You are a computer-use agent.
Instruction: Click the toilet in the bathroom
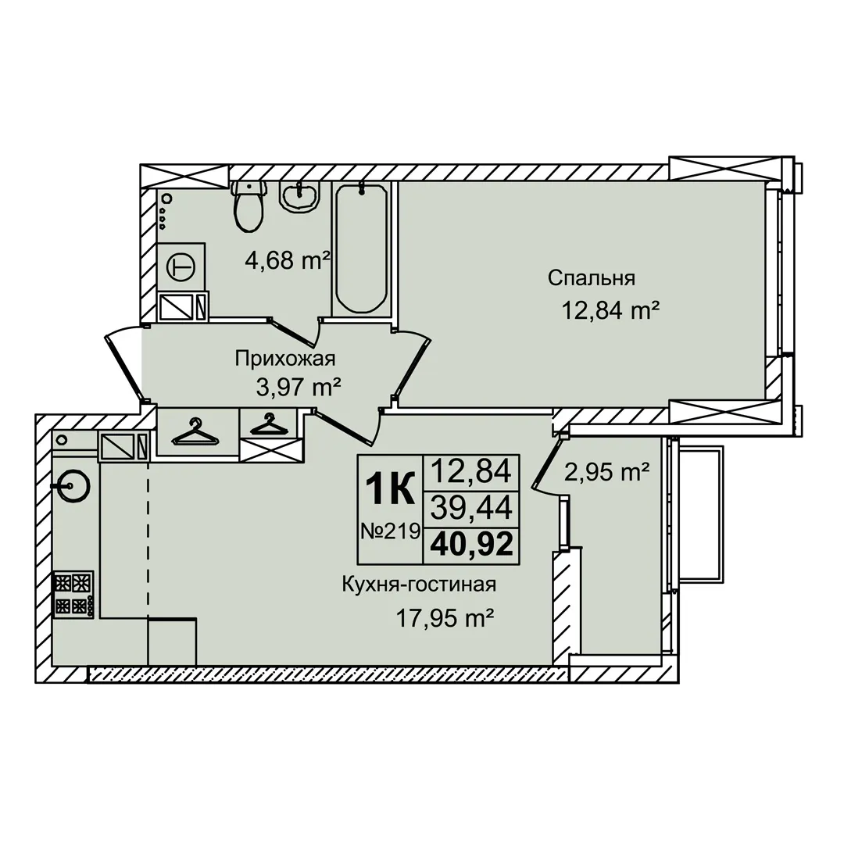pos(249,206)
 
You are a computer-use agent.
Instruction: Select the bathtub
pos(361,249)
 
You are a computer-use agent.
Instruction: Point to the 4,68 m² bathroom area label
pos(288,262)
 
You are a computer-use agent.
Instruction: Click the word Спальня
pos(592,278)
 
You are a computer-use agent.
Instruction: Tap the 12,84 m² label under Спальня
pos(611,310)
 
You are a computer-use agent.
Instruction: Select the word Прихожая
pos(285,359)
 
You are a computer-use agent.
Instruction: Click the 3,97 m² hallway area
pos(299,387)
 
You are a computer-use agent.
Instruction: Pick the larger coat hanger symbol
pos(195,432)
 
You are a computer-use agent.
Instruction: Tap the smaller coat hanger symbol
pos(266,424)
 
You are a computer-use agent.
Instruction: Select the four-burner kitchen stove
pos(73,594)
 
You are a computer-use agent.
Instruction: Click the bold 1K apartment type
pos(390,488)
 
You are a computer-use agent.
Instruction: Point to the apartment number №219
pos(390,532)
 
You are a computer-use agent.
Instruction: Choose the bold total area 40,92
pos(471,545)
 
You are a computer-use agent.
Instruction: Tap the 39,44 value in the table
pos(471,508)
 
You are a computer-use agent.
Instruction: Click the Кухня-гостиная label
pos(420,585)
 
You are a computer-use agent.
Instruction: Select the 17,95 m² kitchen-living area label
pos(445,619)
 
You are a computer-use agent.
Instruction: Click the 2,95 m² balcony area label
pos(606,473)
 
